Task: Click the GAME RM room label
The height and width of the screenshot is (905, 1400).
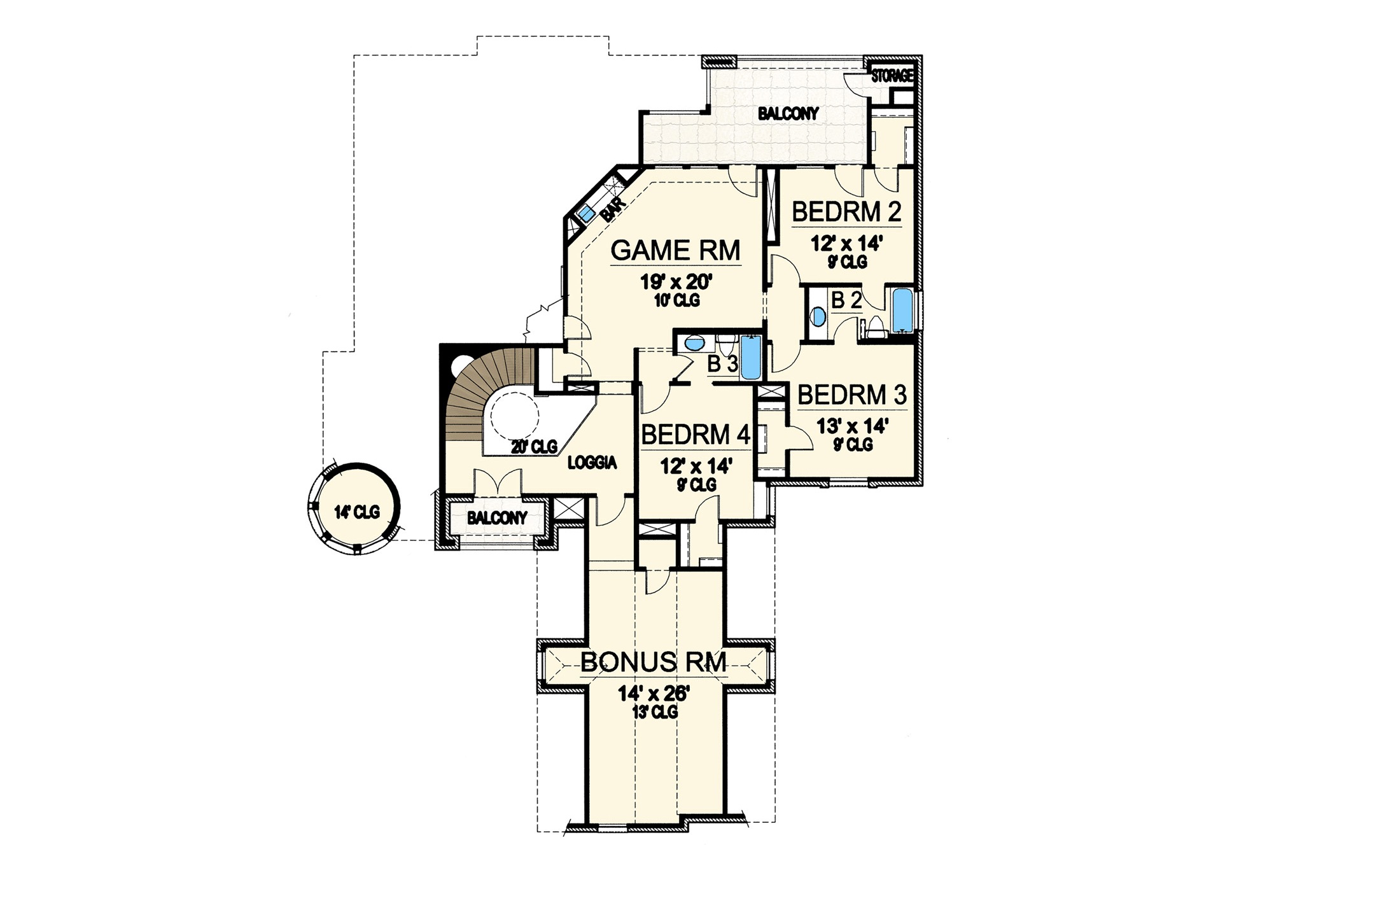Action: click(675, 251)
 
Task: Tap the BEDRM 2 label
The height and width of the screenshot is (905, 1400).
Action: click(846, 213)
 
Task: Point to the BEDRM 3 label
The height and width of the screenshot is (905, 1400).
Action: click(852, 395)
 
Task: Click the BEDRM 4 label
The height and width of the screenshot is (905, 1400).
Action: click(696, 435)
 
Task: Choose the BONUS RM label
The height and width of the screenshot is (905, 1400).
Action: click(654, 663)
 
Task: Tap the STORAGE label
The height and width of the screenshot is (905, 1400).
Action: click(892, 76)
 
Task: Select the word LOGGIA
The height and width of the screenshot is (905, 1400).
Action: click(592, 463)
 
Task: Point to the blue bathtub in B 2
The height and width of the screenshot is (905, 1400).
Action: click(901, 310)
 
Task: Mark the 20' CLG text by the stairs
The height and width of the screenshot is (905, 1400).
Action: click(534, 446)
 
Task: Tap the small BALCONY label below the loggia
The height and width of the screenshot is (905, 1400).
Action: click(497, 518)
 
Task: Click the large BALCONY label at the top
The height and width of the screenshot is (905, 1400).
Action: click(788, 114)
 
